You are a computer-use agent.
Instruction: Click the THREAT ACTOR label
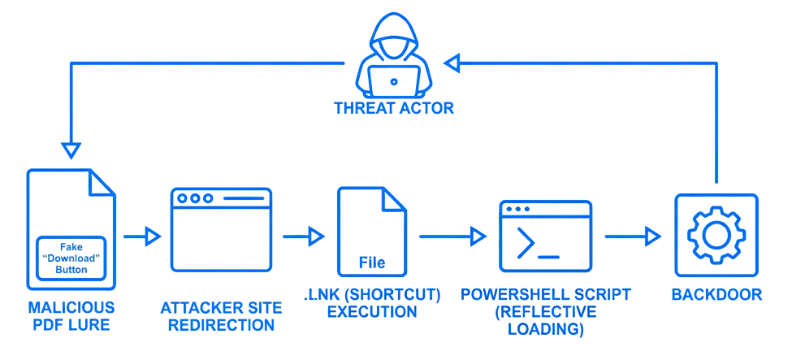click(x=394, y=108)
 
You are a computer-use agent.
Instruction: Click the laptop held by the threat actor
click(x=394, y=80)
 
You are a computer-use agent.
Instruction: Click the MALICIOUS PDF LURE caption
click(x=71, y=317)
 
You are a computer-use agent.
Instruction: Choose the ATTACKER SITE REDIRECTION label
click(x=221, y=317)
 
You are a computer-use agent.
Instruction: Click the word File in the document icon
click(x=372, y=263)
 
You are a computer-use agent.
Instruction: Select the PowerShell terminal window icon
click(x=545, y=236)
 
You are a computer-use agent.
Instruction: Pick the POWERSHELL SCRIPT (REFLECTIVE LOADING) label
click(x=545, y=312)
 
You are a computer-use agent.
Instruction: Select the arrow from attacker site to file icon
click(x=305, y=236)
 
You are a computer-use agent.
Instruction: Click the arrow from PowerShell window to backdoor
click(x=633, y=236)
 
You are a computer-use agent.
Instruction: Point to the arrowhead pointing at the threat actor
click(x=452, y=62)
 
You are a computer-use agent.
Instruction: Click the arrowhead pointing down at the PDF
click(x=71, y=150)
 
